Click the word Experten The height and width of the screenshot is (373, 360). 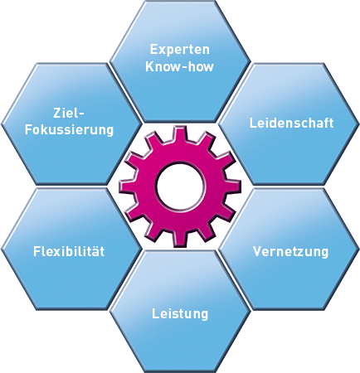point(180,50)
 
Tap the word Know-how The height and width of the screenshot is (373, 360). point(180,66)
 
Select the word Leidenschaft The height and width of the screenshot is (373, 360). point(291,123)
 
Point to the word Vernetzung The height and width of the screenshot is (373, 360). point(291,252)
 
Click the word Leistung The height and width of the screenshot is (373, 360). point(180,314)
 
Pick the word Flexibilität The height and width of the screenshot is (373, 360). point(69,251)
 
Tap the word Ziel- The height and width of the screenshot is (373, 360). point(68,113)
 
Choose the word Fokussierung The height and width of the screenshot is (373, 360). point(69,130)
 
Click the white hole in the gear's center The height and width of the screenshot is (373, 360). point(181,186)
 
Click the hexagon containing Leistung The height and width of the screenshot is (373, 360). point(180,312)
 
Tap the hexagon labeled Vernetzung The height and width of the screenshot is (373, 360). point(289,249)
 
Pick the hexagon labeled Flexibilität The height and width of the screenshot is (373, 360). point(71,249)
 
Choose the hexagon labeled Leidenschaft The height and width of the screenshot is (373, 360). point(289,124)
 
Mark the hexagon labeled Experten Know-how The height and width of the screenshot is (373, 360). point(180,61)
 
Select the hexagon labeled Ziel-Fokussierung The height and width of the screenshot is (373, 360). point(71,124)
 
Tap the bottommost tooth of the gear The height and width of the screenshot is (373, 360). point(180,240)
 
